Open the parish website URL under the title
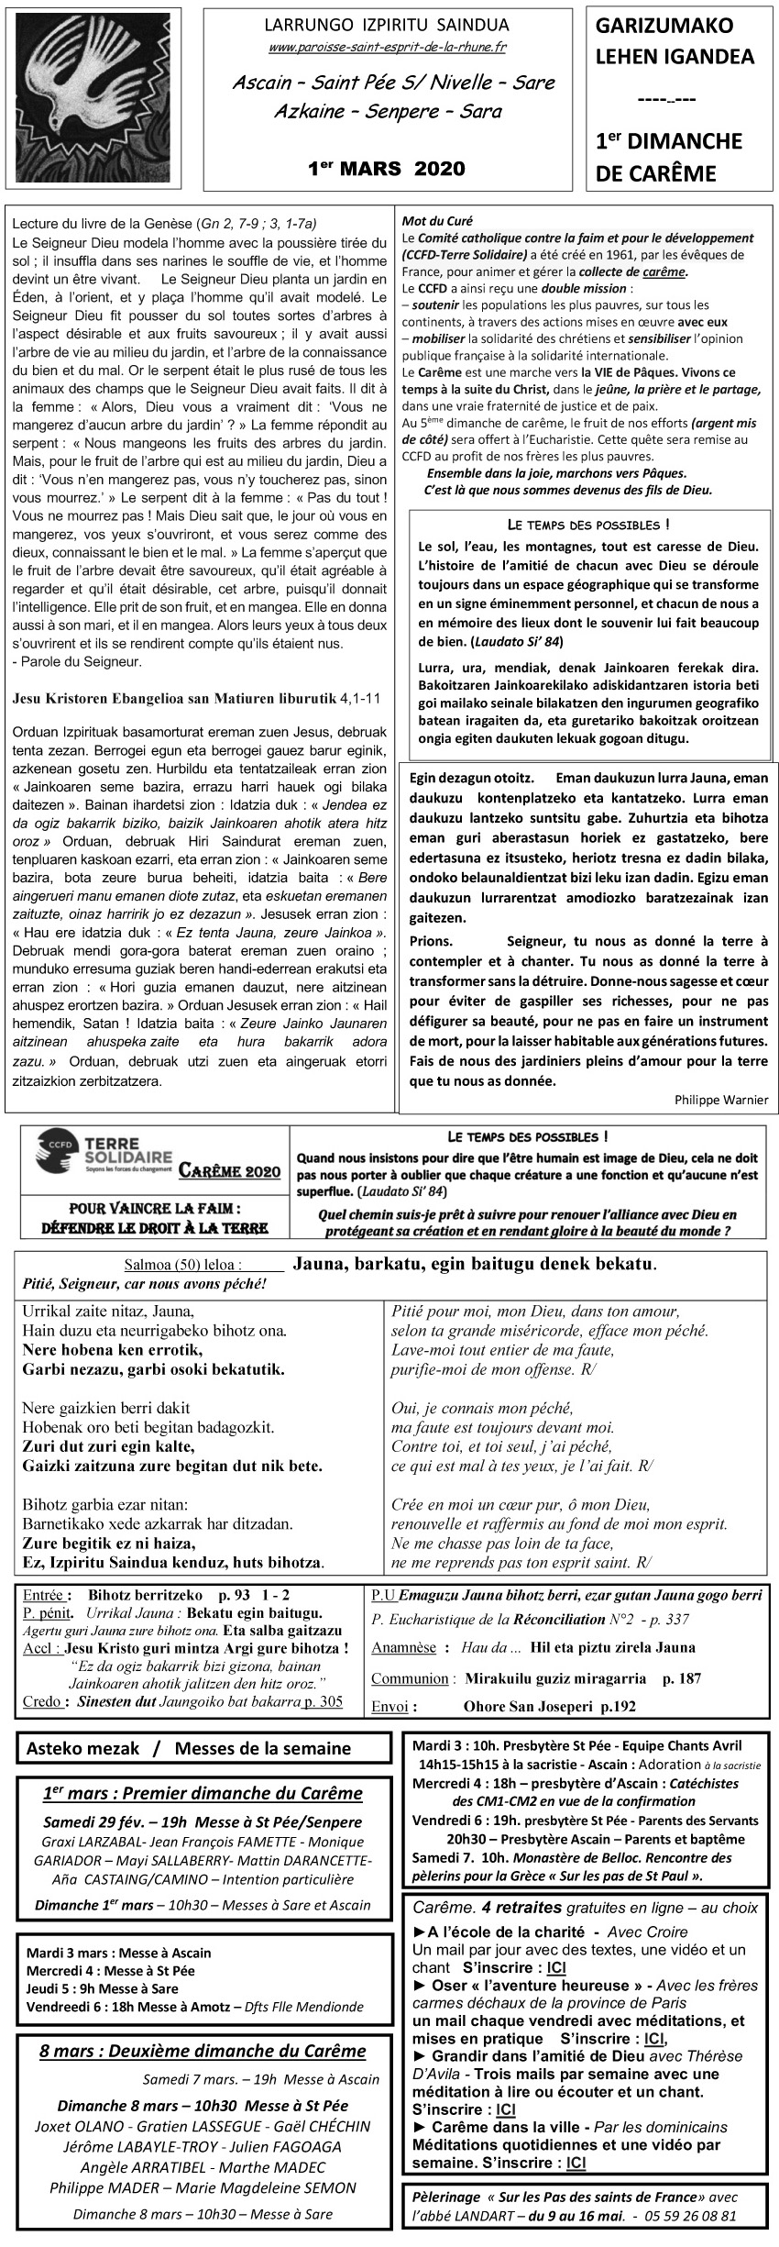tap(387, 47)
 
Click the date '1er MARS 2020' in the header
tap(386, 168)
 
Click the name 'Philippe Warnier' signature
tap(720, 1099)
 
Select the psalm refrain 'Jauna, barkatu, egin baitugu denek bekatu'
tap(474, 1263)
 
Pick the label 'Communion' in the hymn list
tap(410, 1678)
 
